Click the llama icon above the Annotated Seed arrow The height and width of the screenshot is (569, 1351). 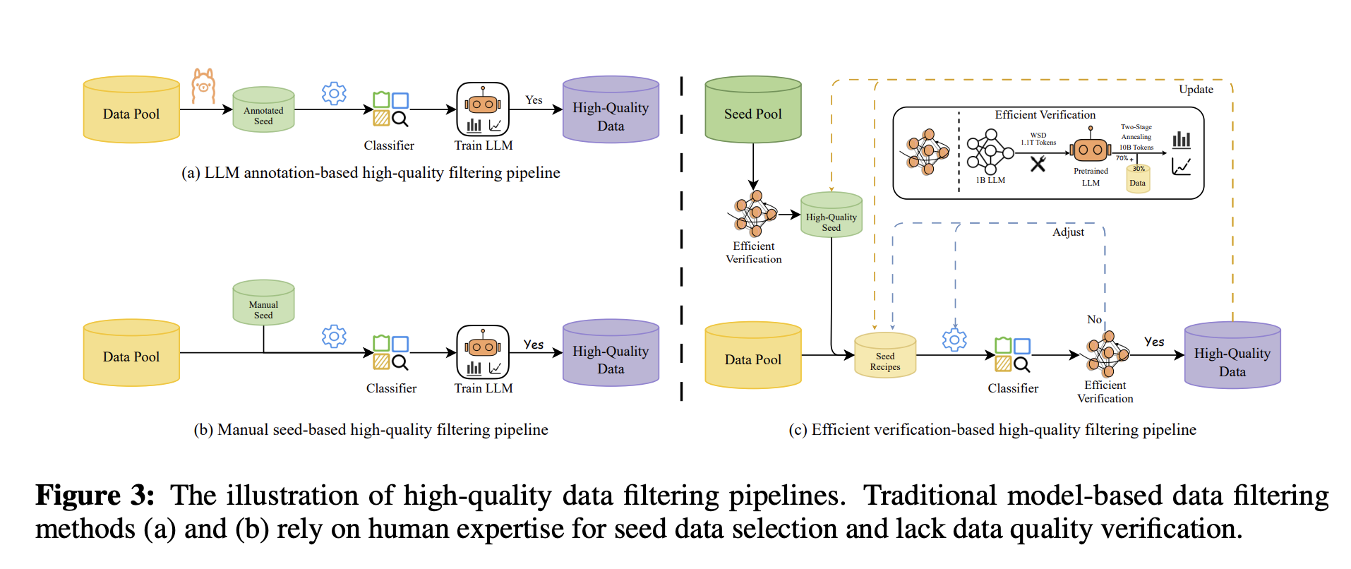203,86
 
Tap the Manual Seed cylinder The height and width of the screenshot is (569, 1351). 263,304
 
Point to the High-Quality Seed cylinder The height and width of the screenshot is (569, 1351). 831,216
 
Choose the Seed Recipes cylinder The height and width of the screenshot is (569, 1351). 885,356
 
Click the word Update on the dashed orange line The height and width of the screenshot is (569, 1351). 1196,90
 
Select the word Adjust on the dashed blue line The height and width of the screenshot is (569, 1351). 1068,232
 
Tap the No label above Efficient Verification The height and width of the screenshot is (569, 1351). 1094,320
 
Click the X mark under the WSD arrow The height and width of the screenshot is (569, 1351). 1038,164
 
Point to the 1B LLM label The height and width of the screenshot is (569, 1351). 990,181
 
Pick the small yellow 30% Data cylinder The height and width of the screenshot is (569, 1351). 1138,179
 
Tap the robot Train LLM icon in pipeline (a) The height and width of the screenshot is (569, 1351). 483,109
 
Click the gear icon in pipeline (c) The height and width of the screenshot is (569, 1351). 954,340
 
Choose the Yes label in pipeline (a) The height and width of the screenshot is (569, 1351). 534,100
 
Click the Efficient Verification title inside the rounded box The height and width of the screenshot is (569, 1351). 1045,115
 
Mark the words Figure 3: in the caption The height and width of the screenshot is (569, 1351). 95,496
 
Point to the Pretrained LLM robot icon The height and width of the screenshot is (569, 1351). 1091,149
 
